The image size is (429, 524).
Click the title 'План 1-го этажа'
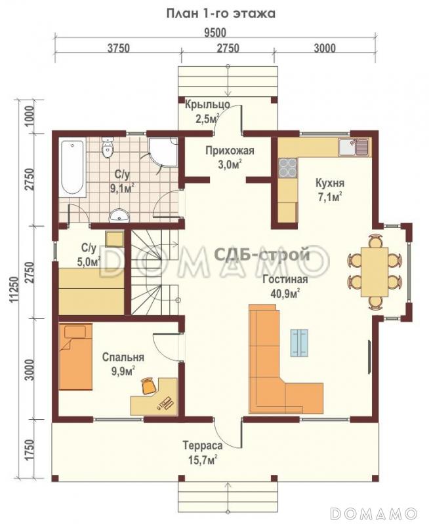coord(221,14)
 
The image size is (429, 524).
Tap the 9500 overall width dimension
coord(215,33)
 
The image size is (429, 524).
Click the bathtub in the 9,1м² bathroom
coord(73,167)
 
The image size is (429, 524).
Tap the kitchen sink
coord(354,147)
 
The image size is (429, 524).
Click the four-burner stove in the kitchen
coord(288,167)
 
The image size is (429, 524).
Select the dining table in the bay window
coord(375,272)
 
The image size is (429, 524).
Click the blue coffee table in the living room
coord(300,343)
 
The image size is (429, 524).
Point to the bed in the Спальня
coord(75,356)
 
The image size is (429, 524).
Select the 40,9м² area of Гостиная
coord(285,293)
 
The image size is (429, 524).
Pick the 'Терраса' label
coord(203,445)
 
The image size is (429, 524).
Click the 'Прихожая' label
coord(230,151)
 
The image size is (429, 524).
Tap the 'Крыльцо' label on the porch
coord(207,104)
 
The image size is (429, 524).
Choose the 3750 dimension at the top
coord(119,48)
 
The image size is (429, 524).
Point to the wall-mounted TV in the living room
coord(370,356)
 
